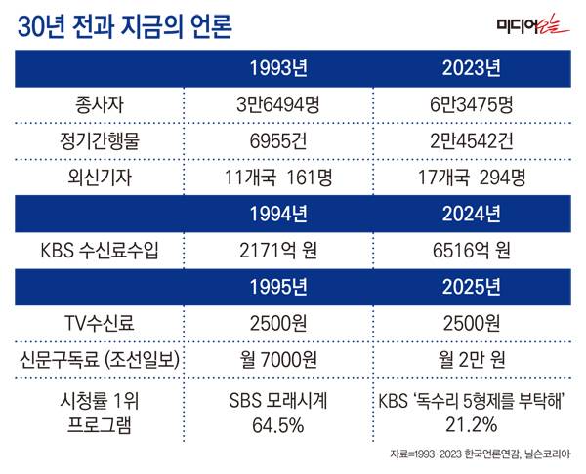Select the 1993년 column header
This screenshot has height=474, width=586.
click(x=278, y=69)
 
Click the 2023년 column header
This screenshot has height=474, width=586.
click(x=471, y=69)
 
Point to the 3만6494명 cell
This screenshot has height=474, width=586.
click(x=278, y=104)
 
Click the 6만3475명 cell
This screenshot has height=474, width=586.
click(x=471, y=104)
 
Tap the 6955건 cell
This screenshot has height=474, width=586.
click(x=278, y=140)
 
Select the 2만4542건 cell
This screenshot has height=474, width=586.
click(x=471, y=140)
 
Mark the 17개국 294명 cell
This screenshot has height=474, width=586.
click(x=471, y=177)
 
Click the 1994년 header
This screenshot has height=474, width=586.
click(x=278, y=213)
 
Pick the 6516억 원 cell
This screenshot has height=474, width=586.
click(x=471, y=250)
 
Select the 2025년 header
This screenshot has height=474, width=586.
click(x=471, y=286)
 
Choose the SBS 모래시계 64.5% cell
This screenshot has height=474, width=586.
click(x=278, y=413)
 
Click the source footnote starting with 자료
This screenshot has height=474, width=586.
click(x=480, y=454)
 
